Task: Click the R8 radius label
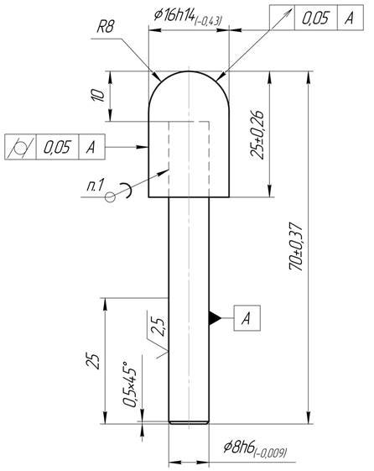coord(106,27)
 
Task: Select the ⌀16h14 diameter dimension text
coord(175,15)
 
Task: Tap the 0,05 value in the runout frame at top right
coord(315,18)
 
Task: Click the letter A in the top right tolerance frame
coord(349,18)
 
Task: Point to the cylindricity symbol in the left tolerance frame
coord(20,147)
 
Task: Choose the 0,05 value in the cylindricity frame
coord(57,147)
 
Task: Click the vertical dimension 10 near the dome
coord(99,95)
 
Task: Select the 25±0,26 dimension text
coord(257,134)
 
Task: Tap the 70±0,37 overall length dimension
coord(297,247)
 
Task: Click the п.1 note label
coord(95,185)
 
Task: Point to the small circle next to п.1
coord(110,197)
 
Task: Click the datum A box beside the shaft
coord(247,318)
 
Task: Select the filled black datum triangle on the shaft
coord(215,318)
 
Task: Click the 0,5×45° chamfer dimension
coord(130,385)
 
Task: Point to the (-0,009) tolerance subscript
coord(271,453)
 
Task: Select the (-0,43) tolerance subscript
coord(209,21)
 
